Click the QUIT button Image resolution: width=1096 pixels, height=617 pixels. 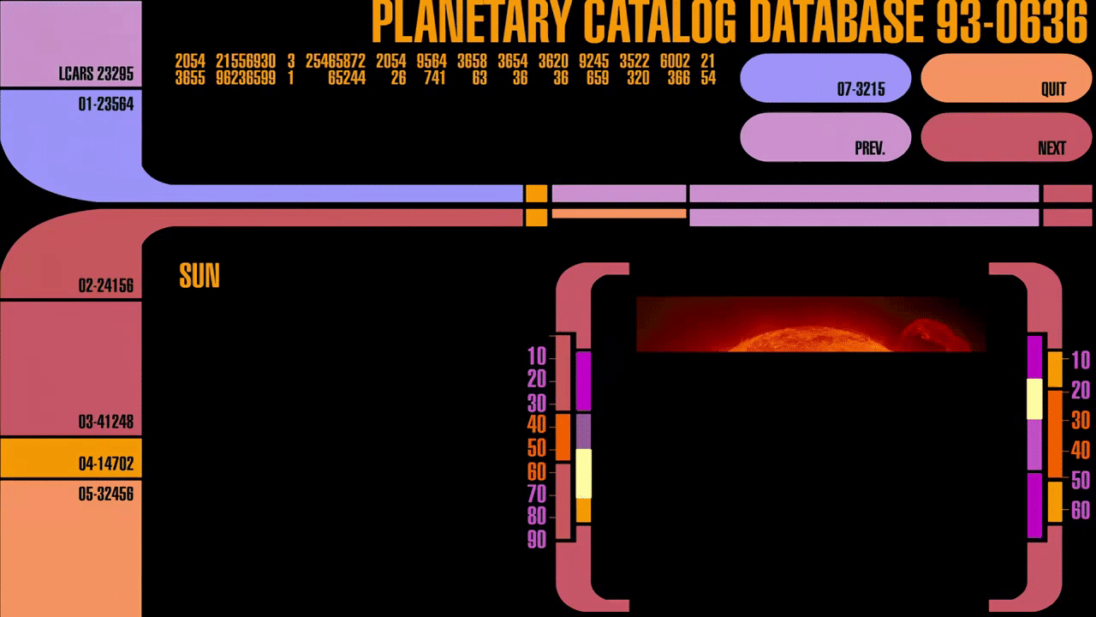click(x=993, y=78)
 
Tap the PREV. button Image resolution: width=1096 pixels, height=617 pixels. click(x=825, y=137)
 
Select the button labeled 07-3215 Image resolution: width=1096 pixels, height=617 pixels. click(x=825, y=78)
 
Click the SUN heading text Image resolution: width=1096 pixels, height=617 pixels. click(x=200, y=276)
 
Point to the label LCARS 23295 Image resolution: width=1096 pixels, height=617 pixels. click(x=96, y=75)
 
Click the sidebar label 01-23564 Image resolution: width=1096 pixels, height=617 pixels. click(x=106, y=105)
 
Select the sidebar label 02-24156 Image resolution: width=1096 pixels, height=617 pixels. click(x=106, y=285)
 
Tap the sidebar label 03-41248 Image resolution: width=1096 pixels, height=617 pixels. click(x=106, y=422)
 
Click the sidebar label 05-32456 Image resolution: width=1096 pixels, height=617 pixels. click(x=106, y=494)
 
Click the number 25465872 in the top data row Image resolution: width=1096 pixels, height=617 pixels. click(x=336, y=62)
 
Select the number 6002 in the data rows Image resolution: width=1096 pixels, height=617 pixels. click(x=675, y=62)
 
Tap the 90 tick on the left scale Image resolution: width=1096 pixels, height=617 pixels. click(x=537, y=540)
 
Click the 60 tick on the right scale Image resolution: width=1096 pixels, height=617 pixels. click(x=1081, y=511)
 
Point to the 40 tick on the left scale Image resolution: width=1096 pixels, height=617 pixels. click(x=537, y=425)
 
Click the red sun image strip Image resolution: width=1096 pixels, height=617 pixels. click(x=811, y=324)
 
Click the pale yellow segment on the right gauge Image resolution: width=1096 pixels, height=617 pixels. click(x=1034, y=398)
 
